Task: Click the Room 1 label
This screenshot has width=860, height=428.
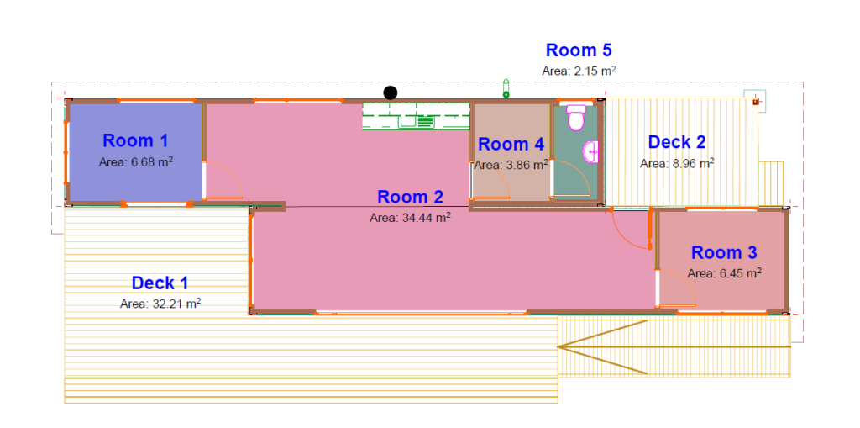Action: pos(135,140)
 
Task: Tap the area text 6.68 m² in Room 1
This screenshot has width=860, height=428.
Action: pos(136,162)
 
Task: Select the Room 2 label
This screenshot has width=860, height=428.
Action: pos(410,196)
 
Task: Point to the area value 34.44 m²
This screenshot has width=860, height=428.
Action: pos(410,218)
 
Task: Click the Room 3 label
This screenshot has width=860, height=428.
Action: pos(724,252)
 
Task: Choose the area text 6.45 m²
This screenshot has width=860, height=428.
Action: pos(724,273)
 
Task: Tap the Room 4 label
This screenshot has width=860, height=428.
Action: pos(511,144)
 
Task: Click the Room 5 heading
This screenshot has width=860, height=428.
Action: pos(579,50)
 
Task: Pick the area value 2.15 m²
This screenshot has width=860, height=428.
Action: pos(579,71)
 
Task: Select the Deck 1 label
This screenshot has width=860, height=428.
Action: pos(160,283)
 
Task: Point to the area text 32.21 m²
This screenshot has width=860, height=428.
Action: pos(160,304)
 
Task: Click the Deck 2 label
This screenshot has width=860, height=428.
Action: pos(677,142)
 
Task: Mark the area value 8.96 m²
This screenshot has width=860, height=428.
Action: pos(677,163)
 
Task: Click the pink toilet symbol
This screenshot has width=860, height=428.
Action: pos(576,118)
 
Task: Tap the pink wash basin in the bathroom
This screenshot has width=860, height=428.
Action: pos(591,151)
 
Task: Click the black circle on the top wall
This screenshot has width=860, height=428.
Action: pos(390,92)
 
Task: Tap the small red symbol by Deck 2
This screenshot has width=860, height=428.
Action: pos(756,102)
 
